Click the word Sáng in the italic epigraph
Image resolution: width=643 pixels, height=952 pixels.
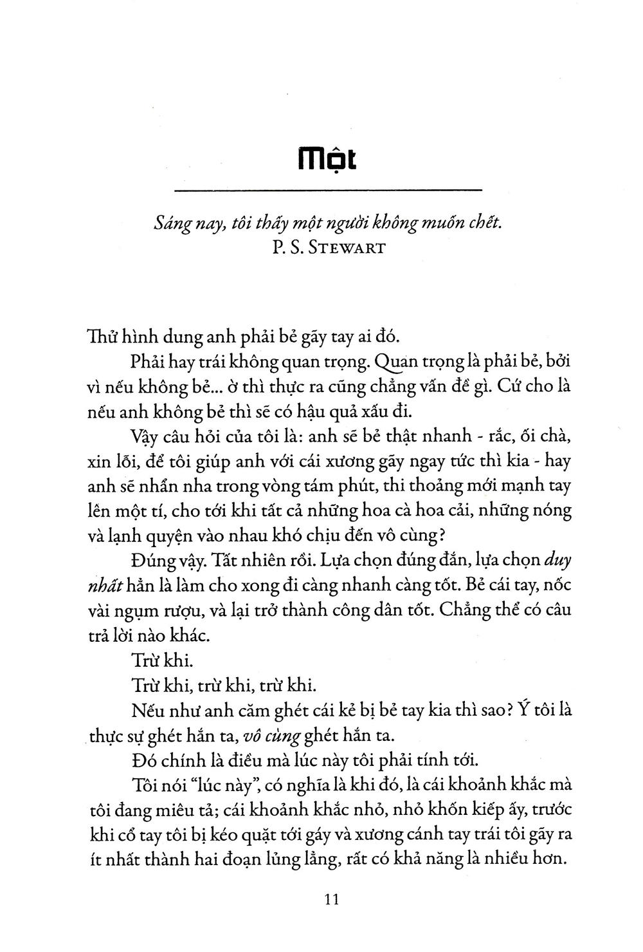click(x=170, y=225)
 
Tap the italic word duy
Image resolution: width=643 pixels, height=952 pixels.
click(x=557, y=559)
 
